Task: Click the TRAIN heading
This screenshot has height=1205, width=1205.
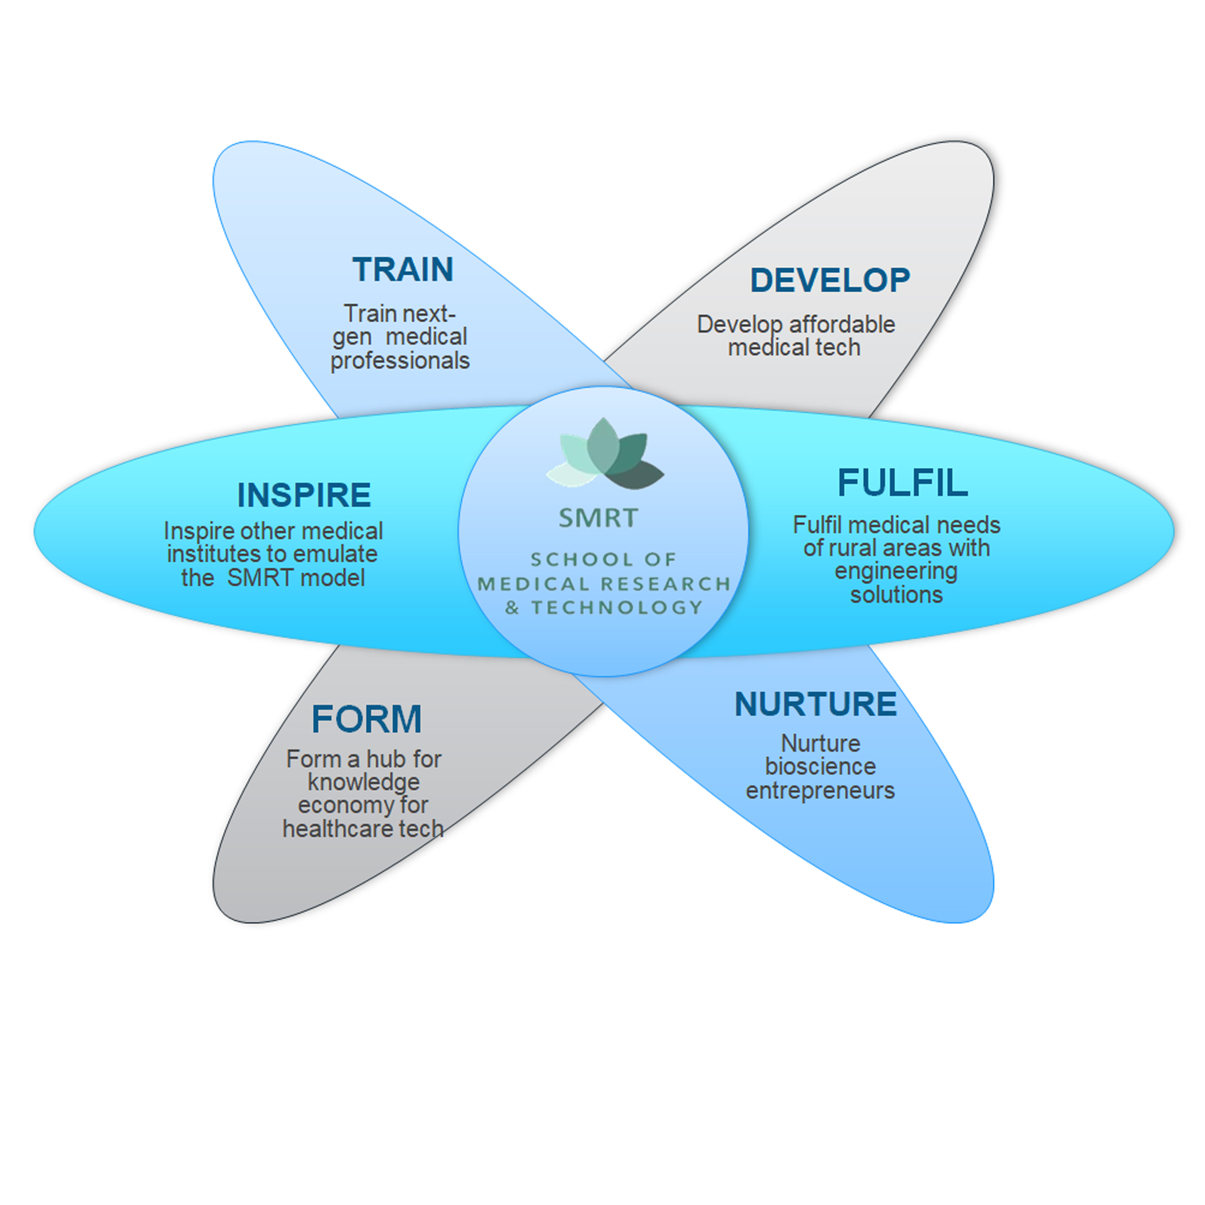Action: tap(403, 269)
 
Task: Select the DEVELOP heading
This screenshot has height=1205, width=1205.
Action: tap(829, 280)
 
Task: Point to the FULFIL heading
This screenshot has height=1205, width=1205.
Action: tap(902, 483)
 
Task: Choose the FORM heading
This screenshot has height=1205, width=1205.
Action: tap(367, 719)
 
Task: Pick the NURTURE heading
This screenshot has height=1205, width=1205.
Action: tap(815, 704)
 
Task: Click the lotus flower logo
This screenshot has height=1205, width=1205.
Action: tap(604, 455)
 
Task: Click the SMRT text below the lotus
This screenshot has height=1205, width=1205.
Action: tap(598, 518)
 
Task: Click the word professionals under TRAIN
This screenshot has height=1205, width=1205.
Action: tap(400, 361)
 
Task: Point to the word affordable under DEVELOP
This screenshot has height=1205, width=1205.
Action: tap(842, 324)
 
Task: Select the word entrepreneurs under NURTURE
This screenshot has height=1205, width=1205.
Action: tap(820, 790)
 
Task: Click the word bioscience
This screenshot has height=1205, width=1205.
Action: tap(820, 766)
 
